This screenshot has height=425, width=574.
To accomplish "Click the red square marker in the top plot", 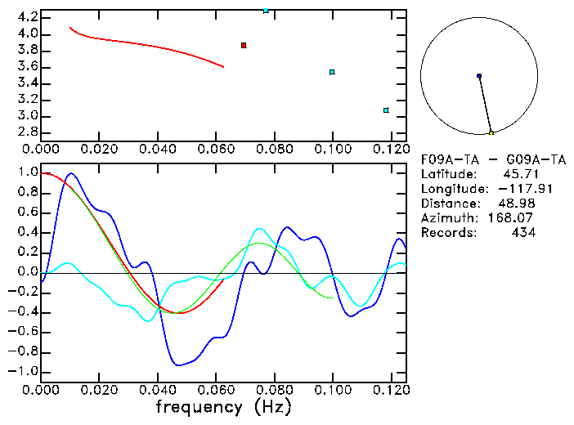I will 244,45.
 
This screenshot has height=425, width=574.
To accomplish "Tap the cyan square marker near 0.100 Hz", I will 332,72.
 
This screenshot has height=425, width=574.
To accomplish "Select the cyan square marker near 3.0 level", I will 386,110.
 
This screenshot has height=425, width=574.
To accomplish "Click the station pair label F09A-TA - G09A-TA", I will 494,159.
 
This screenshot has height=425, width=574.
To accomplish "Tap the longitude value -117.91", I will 511,188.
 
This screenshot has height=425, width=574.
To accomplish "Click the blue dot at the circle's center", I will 479,76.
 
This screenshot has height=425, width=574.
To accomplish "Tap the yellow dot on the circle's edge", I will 491,132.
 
